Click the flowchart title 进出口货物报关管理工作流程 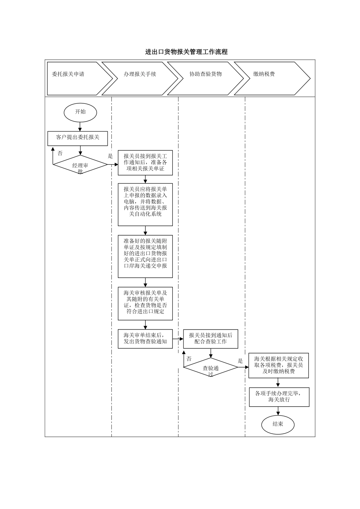[x=186, y=52]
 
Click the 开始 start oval [x=80, y=112]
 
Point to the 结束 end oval [x=278, y=424]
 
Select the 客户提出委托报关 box [x=78, y=138]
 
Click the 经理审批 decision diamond [x=80, y=165]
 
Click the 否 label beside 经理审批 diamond [x=60, y=153]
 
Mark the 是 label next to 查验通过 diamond [x=240, y=361]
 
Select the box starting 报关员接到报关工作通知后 [x=145, y=163]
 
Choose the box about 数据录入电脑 [x=145, y=205]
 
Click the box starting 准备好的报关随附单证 [x=145, y=256]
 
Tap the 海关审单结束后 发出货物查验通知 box [x=145, y=339]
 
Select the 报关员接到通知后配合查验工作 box [x=211, y=339]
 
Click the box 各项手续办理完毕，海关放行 [x=279, y=397]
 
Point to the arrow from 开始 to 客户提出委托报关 [x=80, y=126]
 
